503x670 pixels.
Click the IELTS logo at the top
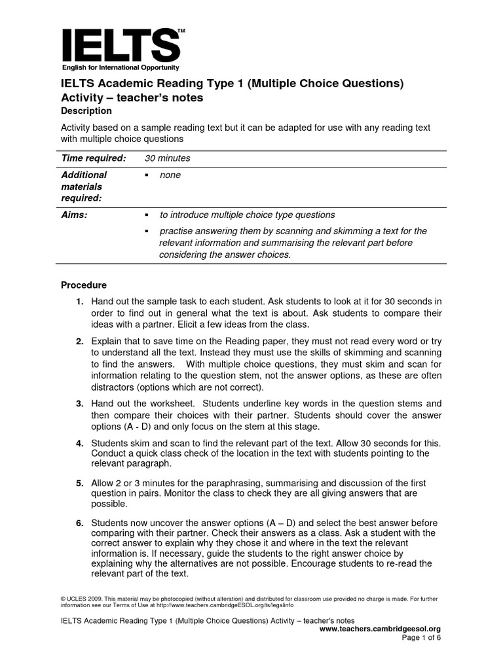point(121,44)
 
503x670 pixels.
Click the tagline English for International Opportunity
point(121,67)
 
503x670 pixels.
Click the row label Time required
point(93,158)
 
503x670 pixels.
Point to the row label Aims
point(75,215)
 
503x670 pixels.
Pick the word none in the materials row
point(170,175)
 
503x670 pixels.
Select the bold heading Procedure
point(84,285)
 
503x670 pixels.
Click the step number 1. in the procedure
point(79,302)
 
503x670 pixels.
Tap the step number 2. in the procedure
point(79,342)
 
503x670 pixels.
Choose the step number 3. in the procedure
point(79,404)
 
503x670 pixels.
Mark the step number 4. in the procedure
point(79,443)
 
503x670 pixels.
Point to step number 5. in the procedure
point(79,483)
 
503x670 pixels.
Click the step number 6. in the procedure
point(79,523)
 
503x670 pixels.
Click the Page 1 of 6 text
point(421,638)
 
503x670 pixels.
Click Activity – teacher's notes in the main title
point(132,97)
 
